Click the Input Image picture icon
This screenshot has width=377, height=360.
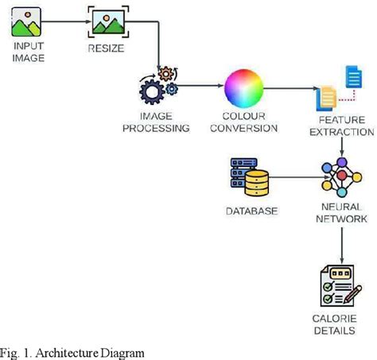(26, 21)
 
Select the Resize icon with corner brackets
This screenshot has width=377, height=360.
(108, 21)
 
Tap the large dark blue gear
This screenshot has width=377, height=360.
(152, 91)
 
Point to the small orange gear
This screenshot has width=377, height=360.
(166, 74)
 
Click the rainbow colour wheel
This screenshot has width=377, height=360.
(244, 88)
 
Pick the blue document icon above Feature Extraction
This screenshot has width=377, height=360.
(354, 77)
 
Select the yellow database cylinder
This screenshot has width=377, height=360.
(256, 183)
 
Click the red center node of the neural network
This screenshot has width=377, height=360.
(342, 175)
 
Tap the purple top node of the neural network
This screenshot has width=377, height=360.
(342, 162)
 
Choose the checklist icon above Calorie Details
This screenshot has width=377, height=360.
(341, 285)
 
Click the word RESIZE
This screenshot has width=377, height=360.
(106, 48)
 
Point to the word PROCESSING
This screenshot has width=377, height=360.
(156, 128)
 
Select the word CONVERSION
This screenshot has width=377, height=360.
(244, 128)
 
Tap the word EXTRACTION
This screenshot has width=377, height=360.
(342, 132)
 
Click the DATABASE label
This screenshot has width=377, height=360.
(252, 211)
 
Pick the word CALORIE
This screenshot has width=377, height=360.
(334, 319)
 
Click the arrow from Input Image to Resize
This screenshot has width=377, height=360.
(67, 21)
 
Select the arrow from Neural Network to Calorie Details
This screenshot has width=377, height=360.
(342, 246)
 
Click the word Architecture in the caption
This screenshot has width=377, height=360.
(67, 353)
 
